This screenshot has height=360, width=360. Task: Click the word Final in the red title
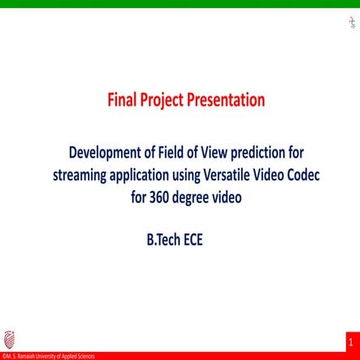pos(122,101)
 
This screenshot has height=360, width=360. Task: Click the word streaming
pos(80,173)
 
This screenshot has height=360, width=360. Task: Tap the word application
pos(144,173)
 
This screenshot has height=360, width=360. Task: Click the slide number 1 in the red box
pos(351,344)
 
